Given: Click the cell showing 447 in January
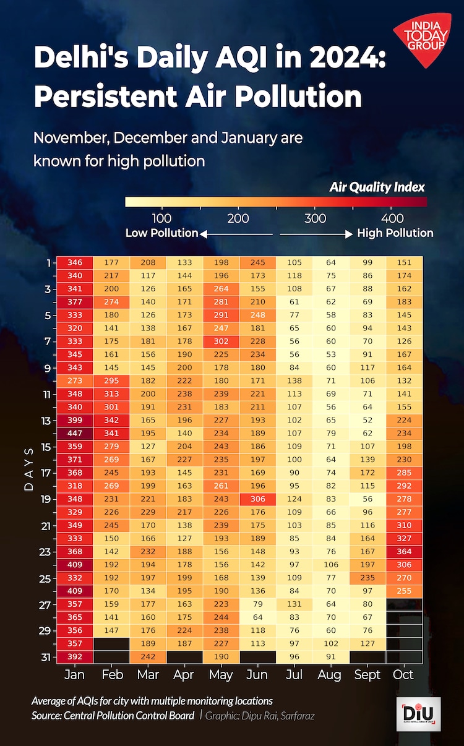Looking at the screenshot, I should coord(75,432).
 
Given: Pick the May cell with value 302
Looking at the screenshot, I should coord(221,341).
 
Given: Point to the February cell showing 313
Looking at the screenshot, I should coord(111,393).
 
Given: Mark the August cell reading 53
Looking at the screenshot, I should coord(331,354).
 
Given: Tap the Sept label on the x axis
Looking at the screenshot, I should coord(367,674).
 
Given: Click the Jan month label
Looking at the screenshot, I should coord(75,674).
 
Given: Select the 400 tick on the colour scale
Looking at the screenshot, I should coord(393,218).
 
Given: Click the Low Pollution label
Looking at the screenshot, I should coord(161,233).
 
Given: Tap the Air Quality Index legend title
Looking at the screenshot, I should coord(377,186).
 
